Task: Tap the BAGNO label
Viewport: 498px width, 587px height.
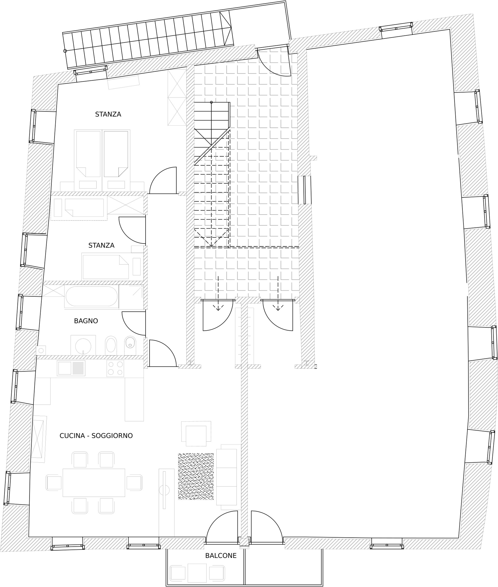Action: [86, 321]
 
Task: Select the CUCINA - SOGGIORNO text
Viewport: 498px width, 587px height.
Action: [96, 436]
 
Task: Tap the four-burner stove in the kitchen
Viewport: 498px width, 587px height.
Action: [115, 368]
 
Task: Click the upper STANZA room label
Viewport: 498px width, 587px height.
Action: [108, 114]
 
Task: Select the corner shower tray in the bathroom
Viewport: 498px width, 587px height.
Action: [131, 297]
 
